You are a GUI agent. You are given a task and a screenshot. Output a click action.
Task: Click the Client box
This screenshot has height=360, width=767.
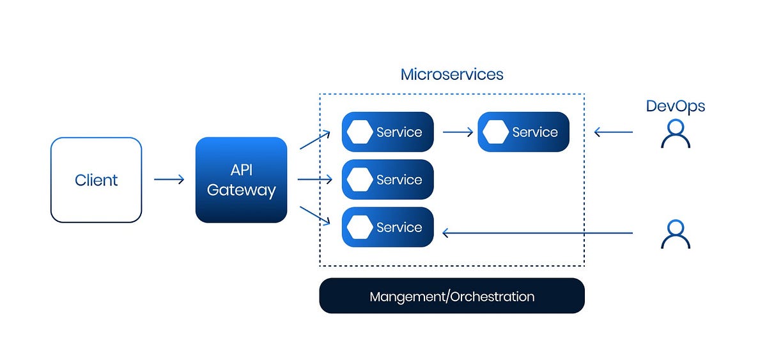click(96, 180)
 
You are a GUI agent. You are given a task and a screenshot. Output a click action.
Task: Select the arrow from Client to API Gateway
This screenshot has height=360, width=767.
click(169, 180)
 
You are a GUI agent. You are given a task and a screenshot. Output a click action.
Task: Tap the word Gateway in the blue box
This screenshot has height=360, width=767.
click(241, 190)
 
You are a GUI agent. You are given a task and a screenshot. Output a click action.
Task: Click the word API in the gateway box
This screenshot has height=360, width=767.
click(241, 171)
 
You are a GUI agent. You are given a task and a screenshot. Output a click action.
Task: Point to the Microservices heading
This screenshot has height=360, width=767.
click(452, 74)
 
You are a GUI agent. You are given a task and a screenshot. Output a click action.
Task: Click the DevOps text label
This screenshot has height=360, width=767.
click(675, 106)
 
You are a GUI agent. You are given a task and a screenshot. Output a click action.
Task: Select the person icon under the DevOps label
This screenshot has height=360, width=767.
click(675, 134)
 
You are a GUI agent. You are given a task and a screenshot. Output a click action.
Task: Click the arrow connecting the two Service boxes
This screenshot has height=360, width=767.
click(458, 132)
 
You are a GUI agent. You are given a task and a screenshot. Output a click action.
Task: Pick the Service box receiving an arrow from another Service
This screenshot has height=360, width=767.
click(523, 132)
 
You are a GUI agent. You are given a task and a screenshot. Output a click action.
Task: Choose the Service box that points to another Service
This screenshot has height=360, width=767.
click(387, 132)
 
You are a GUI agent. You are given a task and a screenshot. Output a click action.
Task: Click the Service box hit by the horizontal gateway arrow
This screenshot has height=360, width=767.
click(387, 180)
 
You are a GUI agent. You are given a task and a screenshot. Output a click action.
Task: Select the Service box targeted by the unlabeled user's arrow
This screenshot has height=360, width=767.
click(387, 227)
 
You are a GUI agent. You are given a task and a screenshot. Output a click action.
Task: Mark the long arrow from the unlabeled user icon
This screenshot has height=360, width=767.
click(537, 233)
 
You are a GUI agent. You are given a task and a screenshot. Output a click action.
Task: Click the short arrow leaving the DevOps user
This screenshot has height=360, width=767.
click(613, 132)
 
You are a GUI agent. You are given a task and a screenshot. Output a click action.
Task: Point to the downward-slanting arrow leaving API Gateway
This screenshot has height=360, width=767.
click(314, 215)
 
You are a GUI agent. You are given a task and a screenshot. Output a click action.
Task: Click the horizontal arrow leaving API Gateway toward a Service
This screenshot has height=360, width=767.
click(314, 180)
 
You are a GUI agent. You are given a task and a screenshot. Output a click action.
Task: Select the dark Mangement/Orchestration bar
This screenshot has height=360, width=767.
click(452, 296)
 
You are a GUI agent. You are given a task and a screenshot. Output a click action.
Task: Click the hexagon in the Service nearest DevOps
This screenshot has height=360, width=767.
click(495, 132)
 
